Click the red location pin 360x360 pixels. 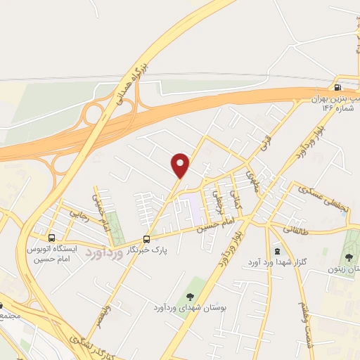181,165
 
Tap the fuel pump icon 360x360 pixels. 337,88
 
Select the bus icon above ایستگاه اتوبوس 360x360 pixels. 51,238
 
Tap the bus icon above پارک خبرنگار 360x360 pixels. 146,238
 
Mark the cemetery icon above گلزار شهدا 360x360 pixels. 276,250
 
